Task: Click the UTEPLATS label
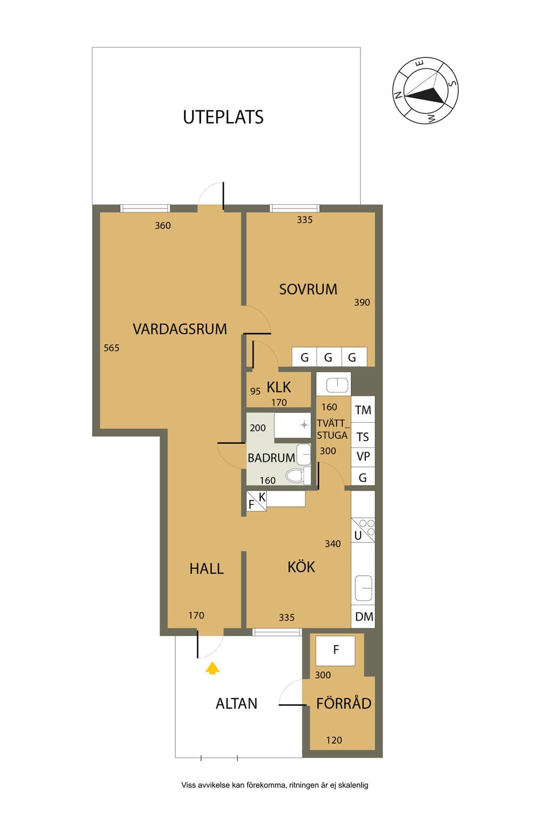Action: click(x=223, y=117)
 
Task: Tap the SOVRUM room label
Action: click(x=308, y=289)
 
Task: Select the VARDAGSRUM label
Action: click(x=180, y=329)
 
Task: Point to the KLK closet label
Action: click(x=279, y=387)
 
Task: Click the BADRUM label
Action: click(x=271, y=458)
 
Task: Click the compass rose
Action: click(x=425, y=90)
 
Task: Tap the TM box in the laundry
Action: click(x=363, y=409)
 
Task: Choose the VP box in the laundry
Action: click(x=363, y=456)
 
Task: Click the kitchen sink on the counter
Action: click(x=363, y=588)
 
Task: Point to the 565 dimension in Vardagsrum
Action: click(x=111, y=348)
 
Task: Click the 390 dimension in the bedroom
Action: click(x=362, y=302)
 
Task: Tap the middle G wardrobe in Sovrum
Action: click(x=329, y=357)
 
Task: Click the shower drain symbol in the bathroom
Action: click(x=304, y=425)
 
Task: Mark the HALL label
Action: click(x=206, y=569)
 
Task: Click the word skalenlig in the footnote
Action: click(x=353, y=785)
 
